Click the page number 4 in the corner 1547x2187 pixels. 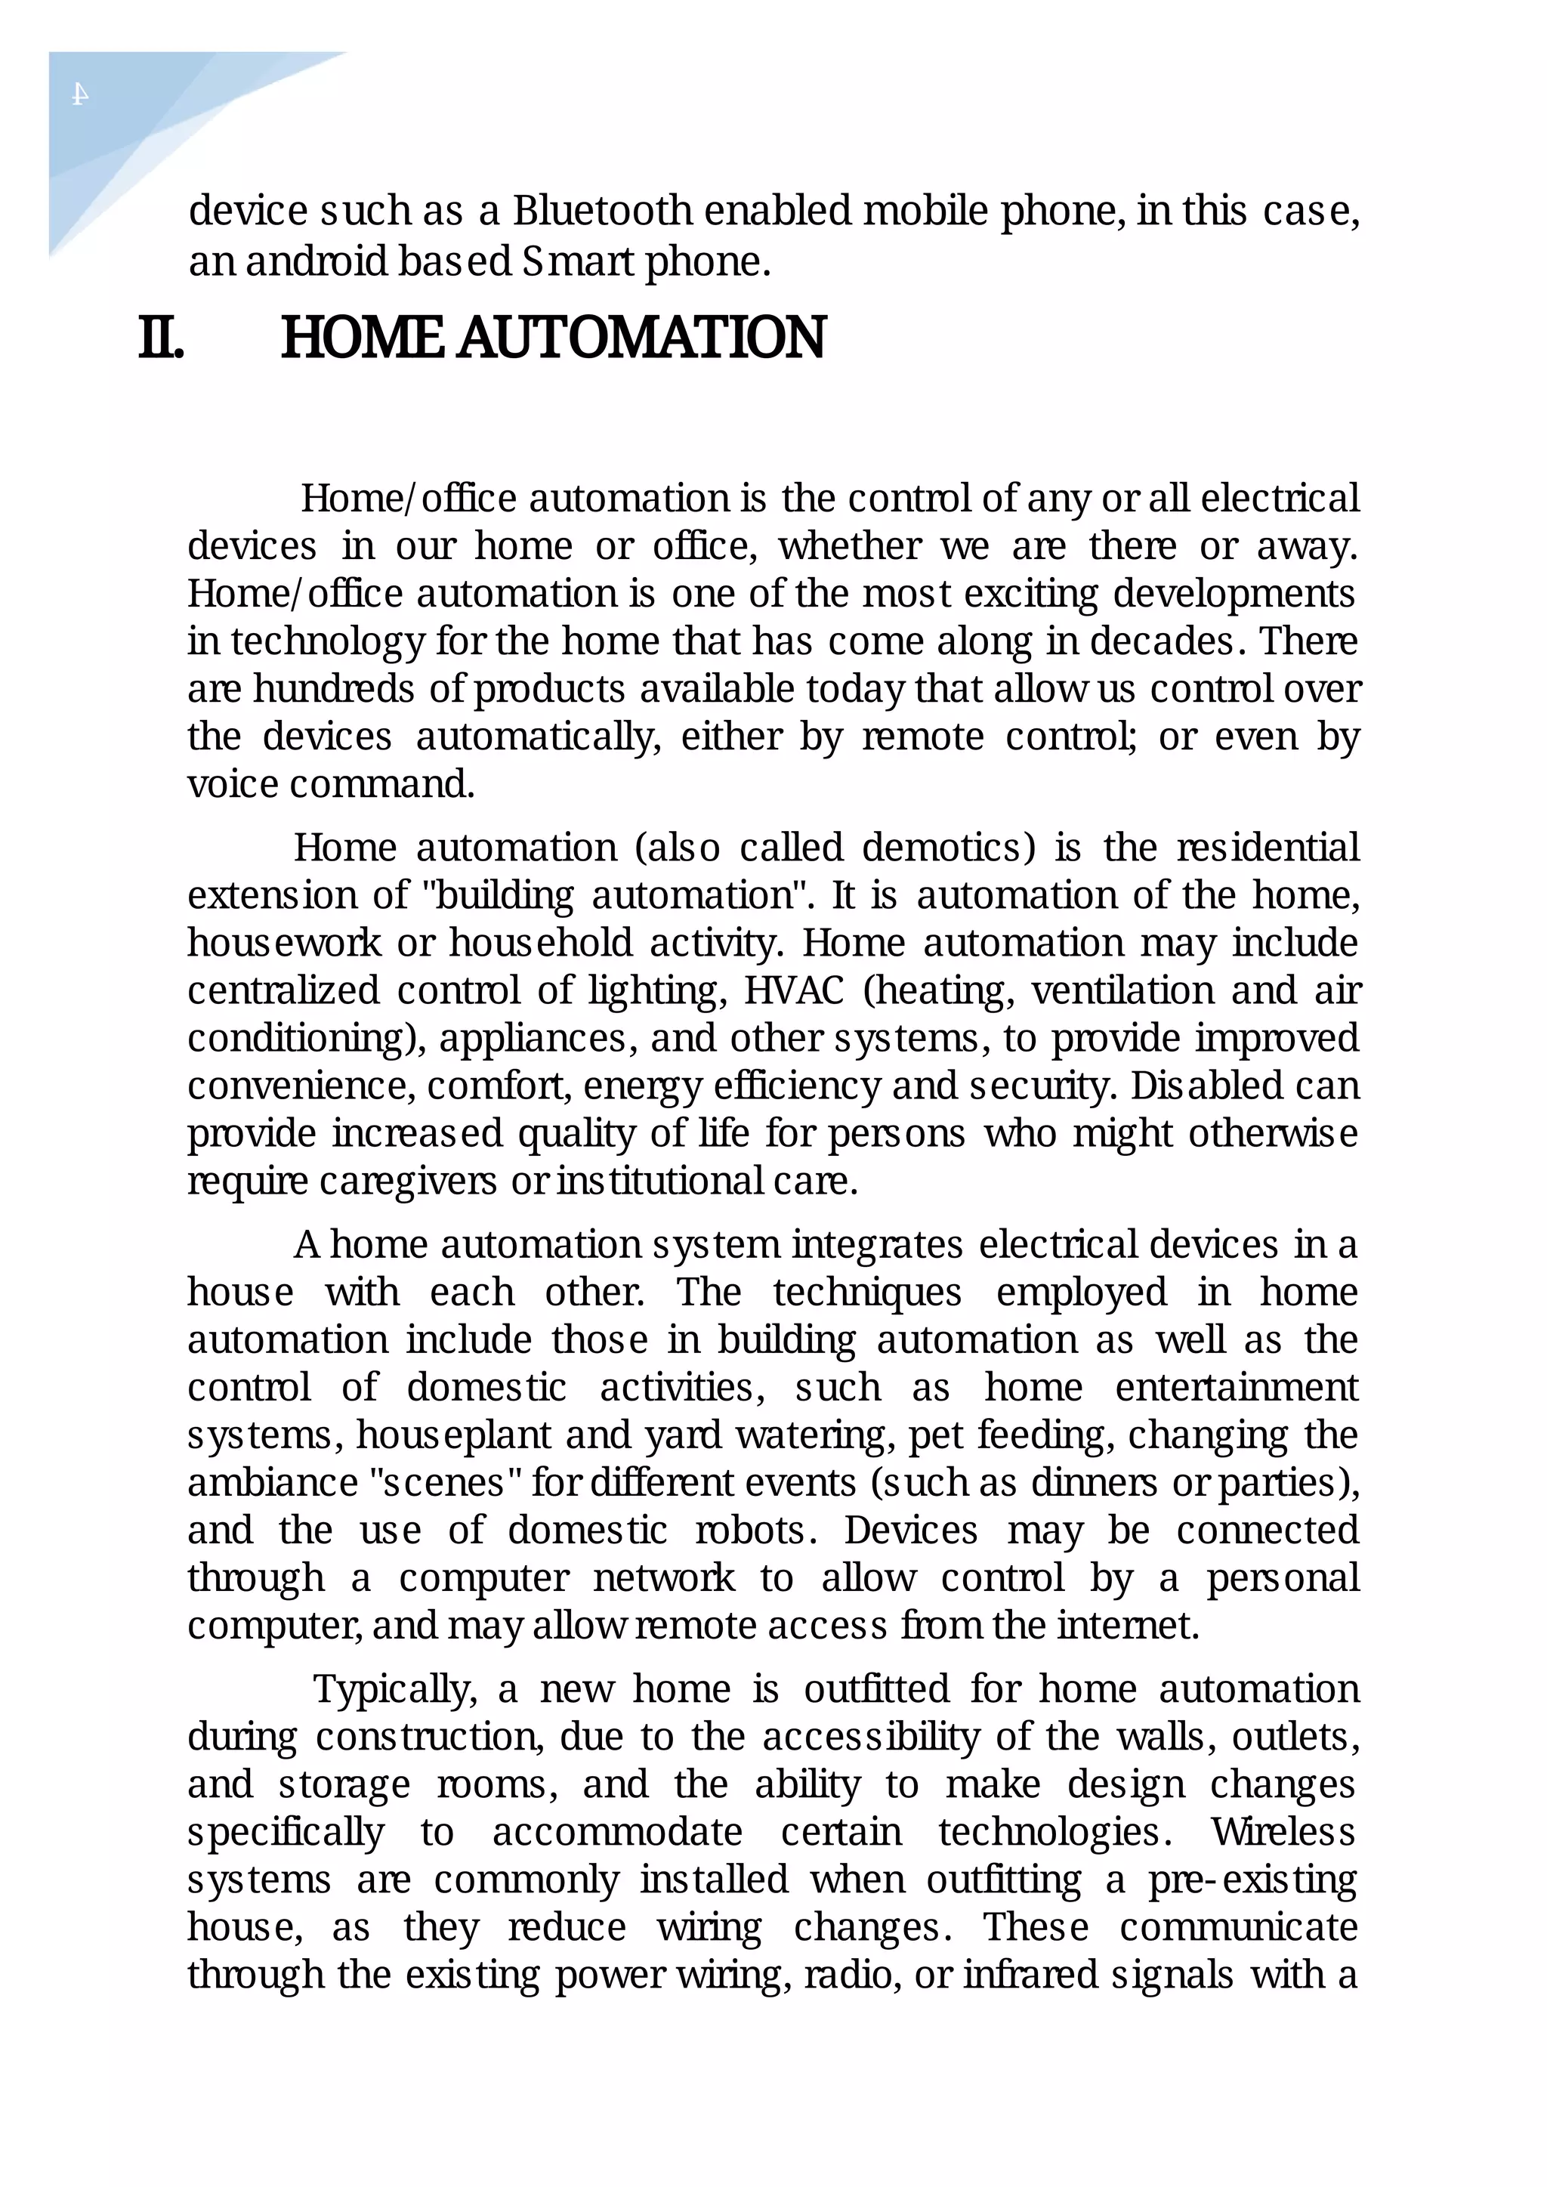pos(81,94)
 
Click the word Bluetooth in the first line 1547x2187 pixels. pos(602,211)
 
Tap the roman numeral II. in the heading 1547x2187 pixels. pos(161,338)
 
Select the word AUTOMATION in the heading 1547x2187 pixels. pos(641,338)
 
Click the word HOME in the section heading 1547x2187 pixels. pos(362,338)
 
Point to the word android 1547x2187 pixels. pos(317,261)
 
